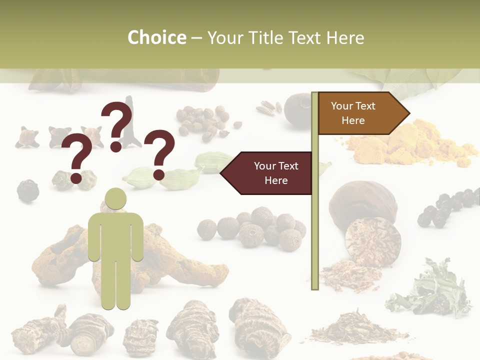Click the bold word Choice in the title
[x=156, y=37]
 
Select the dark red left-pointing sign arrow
[x=267, y=173]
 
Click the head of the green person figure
[x=115, y=199]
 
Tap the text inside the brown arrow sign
[x=353, y=113]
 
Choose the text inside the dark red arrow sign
[x=276, y=173]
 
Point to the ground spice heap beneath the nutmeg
[x=345, y=275]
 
